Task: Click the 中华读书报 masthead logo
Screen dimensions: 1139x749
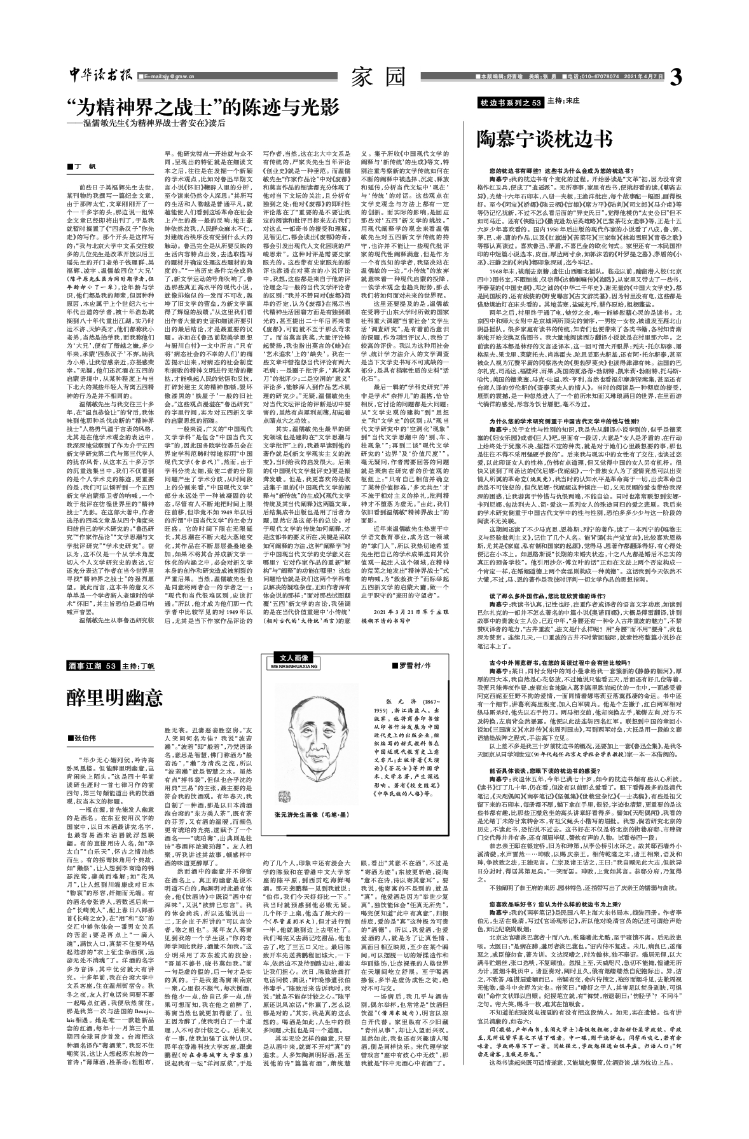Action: (x=100, y=75)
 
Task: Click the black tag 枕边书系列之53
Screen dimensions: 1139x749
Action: (x=511, y=102)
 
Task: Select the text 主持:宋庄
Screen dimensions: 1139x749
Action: (x=565, y=102)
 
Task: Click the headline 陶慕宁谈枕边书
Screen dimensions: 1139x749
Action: (x=545, y=139)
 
